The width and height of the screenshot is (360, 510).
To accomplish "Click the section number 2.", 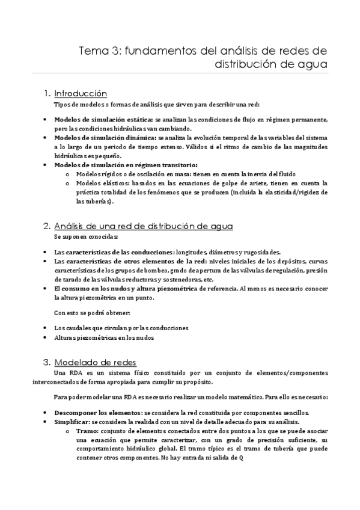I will pyautogui.click(x=47, y=226).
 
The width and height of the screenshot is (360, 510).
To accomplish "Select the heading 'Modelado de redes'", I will pyautogui.click(x=96, y=362).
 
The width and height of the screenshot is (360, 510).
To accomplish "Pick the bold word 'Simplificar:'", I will pyautogui.click(x=74, y=422).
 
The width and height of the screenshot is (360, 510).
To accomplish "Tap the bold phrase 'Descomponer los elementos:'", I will pyautogui.click(x=97, y=413).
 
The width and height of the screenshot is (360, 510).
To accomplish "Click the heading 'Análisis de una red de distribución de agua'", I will pyautogui.click(x=144, y=226).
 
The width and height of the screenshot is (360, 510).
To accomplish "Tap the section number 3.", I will pyautogui.click(x=47, y=362).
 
